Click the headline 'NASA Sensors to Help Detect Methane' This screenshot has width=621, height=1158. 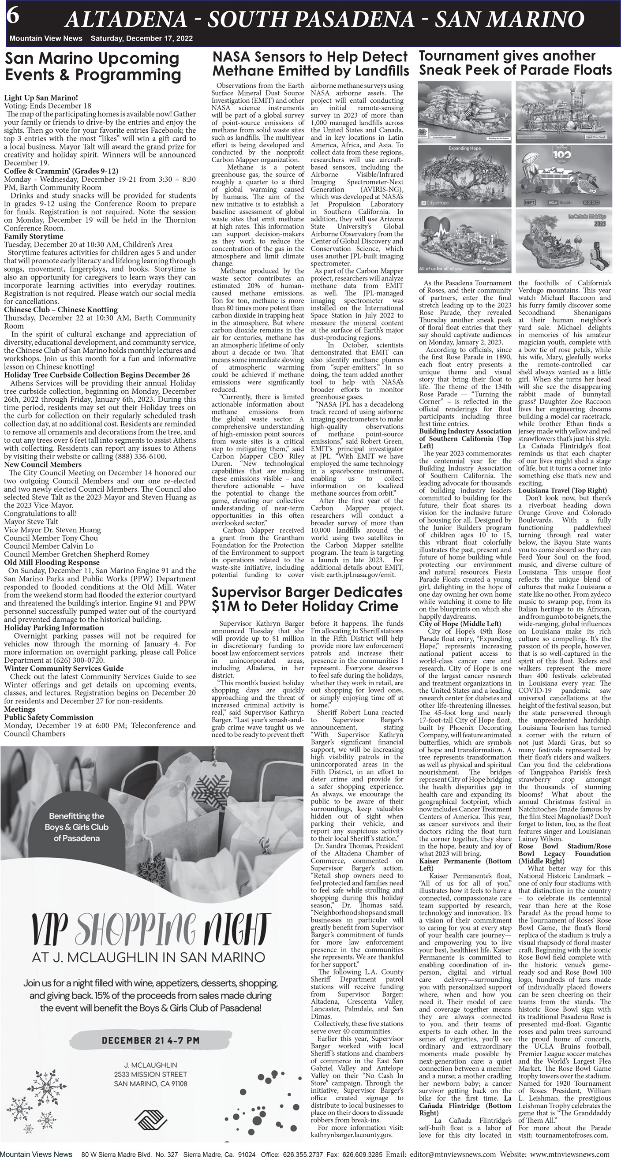[x=310, y=64]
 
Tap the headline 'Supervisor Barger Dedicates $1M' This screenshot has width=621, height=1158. [x=307, y=599]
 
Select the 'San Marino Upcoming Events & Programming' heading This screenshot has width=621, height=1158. [x=92, y=67]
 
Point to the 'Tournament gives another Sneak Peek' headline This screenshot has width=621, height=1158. [x=515, y=63]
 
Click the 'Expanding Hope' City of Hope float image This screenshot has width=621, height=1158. [x=464, y=176]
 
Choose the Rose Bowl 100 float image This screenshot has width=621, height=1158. [x=563, y=176]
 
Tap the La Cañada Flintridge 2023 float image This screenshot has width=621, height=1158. [x=563, y=242]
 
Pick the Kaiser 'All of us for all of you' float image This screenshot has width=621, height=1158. [x=464, y=242]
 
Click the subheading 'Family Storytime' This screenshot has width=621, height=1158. [x=34, y=236]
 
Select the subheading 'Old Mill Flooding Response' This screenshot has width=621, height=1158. [x=52, y=562]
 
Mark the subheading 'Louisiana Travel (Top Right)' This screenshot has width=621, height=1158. [x=562, y=490]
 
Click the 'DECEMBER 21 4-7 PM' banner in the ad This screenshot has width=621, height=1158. [x=150, y=1040]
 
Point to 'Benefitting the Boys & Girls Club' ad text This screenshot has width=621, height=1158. [x=76, y=827]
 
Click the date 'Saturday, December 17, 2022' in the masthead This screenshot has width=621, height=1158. [x=141, y=39]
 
